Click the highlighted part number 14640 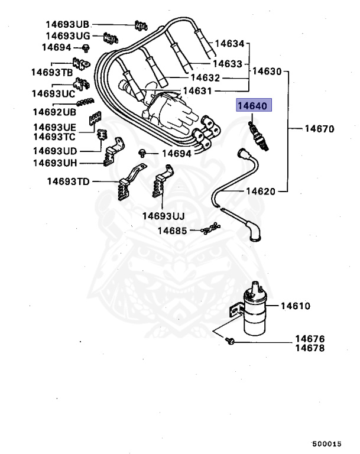pos(253,106)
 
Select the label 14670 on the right pos(319,128)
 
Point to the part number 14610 pos(295,306)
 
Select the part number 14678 pos(310,349)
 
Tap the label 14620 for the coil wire pos(261,191)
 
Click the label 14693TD pos(69,181)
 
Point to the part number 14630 pos(268,71)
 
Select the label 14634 pos(229,43)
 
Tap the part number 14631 pos(198,91)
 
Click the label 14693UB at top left pos(67,24)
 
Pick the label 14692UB pos(54,111)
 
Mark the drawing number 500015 pos(326,443)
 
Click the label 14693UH pos(55,162)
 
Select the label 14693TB pos(53,72)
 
